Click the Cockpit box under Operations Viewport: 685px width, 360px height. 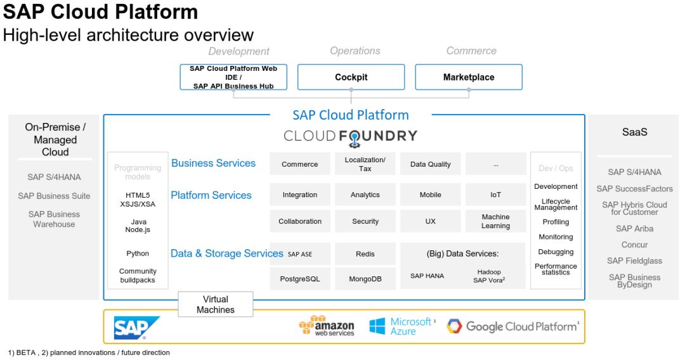tap(351, 77)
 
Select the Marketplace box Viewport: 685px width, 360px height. tap(469, 77)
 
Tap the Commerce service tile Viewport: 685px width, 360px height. tap(300, 164)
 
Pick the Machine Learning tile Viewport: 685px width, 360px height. tap(495, 221)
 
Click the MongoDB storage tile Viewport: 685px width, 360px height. tap(365, 279)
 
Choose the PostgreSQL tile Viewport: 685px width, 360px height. tap(300, 279)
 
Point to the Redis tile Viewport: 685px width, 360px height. tap(365, 254)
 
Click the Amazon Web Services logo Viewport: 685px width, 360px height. tap(327, 326)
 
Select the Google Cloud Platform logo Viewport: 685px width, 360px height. tap(512, 326)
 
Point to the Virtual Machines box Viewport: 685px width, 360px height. tap(216, 304)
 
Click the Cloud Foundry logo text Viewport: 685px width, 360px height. tap(350, 136)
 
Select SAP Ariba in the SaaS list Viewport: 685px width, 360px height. tap(634, 229)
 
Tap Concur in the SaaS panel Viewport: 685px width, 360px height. tap(634, 245)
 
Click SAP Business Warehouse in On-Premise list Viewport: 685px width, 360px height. tap(54, 219)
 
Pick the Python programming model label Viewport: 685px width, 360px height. tap(138, 254)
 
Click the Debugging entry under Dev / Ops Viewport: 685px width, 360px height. tap(556, 252)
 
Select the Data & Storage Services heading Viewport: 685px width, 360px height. tap(226, 254)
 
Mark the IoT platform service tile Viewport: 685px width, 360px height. tap(495, 195)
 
